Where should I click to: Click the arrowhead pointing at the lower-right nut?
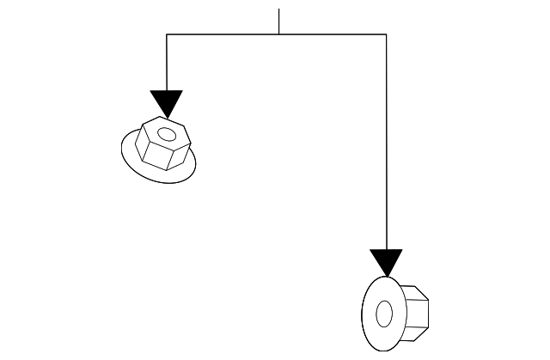[x=386, y=261]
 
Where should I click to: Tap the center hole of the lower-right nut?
[x=384, y=314]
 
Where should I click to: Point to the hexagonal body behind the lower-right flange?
[x=416, y=310]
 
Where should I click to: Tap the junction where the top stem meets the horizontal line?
[x=278, y=34]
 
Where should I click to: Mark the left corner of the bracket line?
[x=167, y=34]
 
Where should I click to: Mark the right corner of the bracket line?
[x=386, y=34]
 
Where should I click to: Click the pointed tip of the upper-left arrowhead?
[x=167, y=116]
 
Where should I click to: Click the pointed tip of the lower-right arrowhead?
[x=386, y=276]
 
